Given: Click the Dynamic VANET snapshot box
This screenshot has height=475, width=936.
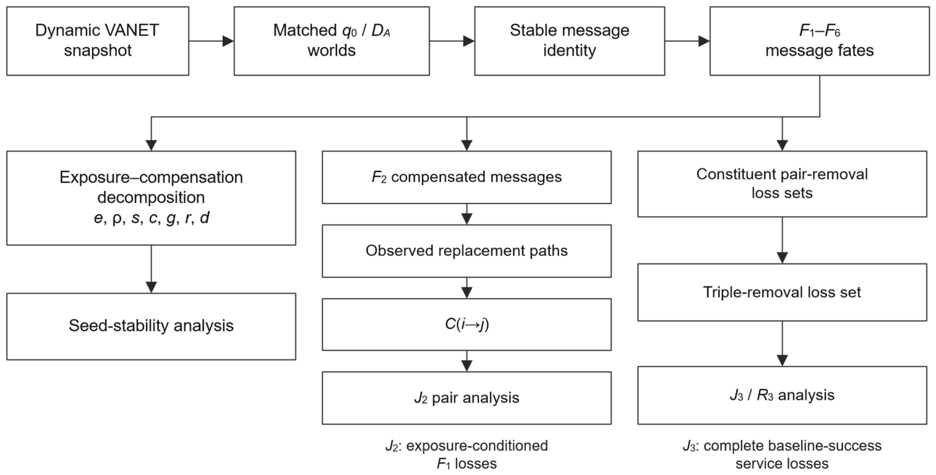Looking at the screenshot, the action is [98, 41].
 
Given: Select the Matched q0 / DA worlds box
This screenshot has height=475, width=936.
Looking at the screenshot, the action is [332, 41].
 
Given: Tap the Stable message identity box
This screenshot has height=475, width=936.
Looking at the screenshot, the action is [570, 41].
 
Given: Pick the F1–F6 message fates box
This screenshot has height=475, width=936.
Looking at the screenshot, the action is [820, 41].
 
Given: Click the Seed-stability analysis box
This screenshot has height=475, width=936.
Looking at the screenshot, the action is [152, 327].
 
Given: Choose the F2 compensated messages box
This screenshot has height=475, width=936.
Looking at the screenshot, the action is [466, 177].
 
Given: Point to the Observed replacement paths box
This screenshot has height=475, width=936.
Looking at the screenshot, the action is [466, 251].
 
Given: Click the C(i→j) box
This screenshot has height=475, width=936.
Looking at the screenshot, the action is [466, 325].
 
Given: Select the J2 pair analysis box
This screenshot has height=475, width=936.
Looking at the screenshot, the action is [466, 398].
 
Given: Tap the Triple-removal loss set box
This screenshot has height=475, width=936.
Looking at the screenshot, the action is [782, 293].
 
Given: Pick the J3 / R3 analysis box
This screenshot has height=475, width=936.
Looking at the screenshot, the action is [782, 396].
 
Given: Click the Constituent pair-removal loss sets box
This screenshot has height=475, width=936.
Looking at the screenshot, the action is [782, 184].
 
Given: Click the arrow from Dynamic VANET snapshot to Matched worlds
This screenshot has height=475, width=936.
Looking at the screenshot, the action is [212, 41].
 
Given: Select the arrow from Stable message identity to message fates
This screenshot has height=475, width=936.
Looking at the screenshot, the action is [687, 41].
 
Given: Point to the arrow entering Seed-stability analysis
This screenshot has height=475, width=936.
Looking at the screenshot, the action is [152, 269].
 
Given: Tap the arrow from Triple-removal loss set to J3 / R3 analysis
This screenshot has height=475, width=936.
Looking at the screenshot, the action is [782, 344].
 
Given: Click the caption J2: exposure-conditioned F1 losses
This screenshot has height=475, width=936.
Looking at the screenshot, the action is [466, 455].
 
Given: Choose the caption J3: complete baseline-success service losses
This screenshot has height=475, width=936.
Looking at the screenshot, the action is [782, 455].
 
